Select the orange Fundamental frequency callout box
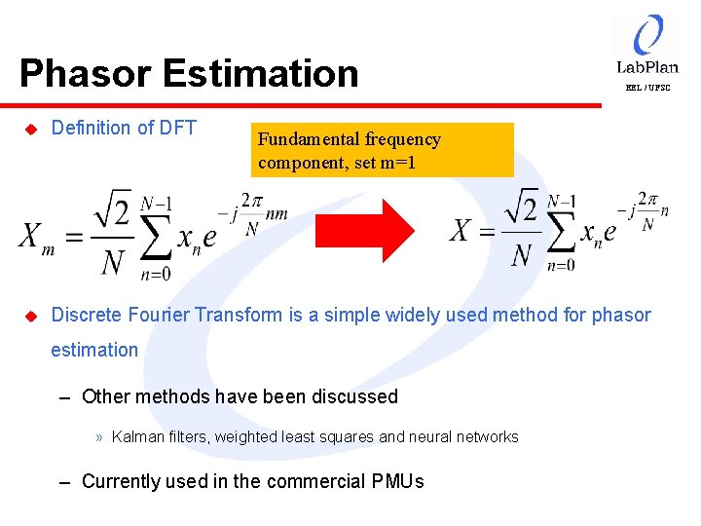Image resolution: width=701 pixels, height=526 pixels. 382,149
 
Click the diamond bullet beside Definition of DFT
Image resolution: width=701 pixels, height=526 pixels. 29,129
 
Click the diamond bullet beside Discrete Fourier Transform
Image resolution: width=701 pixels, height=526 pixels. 29,316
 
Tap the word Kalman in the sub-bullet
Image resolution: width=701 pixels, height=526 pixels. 137,437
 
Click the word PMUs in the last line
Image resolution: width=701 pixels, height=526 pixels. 398,481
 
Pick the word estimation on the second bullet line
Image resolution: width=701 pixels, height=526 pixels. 94,350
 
